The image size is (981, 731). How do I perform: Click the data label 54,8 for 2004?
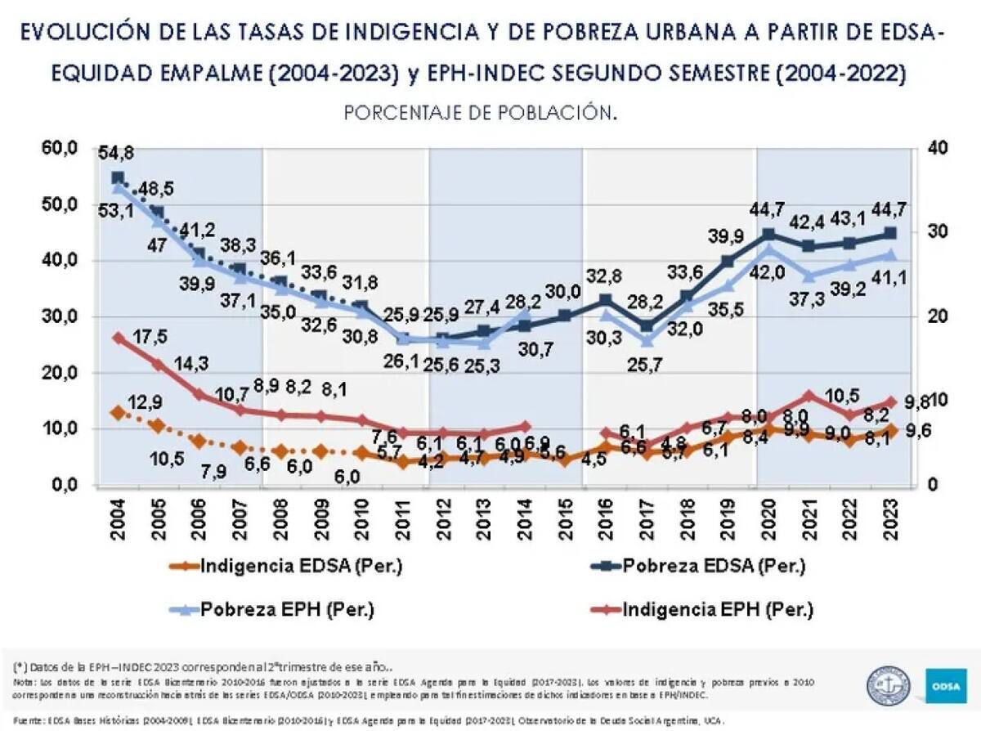coord(116,154)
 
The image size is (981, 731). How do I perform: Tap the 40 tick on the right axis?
coord(938,148)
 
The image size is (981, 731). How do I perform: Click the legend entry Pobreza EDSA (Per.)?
coord(704,565)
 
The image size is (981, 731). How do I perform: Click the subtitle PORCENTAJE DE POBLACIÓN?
coord(480,112)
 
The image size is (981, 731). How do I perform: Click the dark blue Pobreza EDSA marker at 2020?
coord(768,235)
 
